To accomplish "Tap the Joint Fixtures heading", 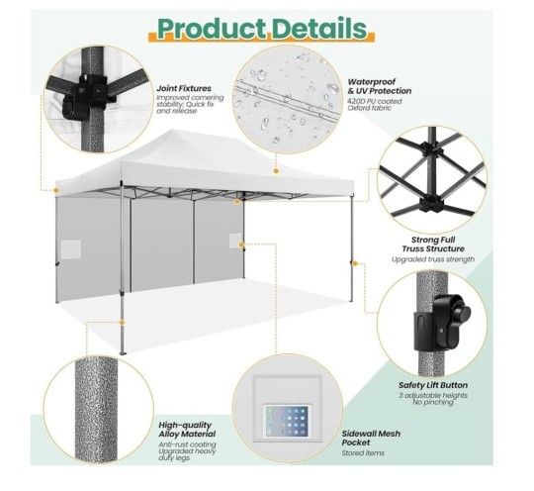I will pos(184,88).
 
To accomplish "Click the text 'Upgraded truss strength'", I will pos(433,259).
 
